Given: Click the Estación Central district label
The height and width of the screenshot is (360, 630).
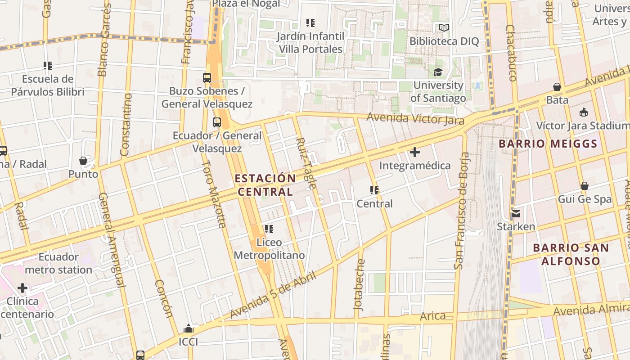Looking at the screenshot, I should (x=265, y=185).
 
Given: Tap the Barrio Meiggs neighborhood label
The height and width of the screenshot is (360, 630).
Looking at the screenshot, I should (x=548, y=144).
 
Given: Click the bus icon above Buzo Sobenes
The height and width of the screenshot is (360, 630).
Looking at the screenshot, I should (x=207, y=77).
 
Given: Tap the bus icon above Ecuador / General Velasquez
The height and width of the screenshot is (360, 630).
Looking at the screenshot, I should (x=217, y=122).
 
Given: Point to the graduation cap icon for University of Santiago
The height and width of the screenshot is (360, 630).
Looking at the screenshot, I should (x=438, y=72).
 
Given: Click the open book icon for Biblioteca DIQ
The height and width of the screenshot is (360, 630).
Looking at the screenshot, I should (x=444, y=28).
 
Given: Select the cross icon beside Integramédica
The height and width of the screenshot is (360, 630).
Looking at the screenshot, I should (x=415, y=152).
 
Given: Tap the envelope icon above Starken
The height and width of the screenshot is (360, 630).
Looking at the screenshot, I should (x=516, y=213).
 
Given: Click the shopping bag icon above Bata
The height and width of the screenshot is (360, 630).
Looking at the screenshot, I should (x=557, y=87).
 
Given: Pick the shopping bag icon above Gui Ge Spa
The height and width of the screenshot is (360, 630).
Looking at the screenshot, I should (x=584, y=186).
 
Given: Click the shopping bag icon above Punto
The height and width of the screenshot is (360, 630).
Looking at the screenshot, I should (x=83, y=161).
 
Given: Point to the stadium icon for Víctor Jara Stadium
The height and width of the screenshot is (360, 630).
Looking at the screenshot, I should (x=584, y=112).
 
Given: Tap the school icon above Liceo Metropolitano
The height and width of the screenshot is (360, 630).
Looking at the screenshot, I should (x=269, y=229).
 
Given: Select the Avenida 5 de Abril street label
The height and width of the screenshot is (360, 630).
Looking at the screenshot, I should (x=273, y=295).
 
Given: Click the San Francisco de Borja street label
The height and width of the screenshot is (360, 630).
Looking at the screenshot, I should (x=462, y=211).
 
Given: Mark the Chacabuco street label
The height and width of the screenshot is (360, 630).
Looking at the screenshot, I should (x=511, y=53).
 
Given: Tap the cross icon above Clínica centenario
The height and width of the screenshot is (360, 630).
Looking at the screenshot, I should (x=22, y=288).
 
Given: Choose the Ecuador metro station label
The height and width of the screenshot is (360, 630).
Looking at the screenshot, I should (x=58, y=263).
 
